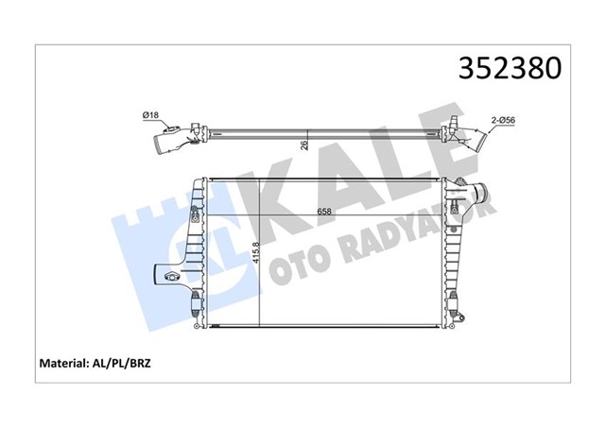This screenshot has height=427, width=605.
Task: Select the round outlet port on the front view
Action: click(476, 198)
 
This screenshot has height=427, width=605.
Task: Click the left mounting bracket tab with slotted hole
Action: click(172, 277)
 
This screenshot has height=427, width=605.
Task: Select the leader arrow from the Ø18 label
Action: click(174, 123)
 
